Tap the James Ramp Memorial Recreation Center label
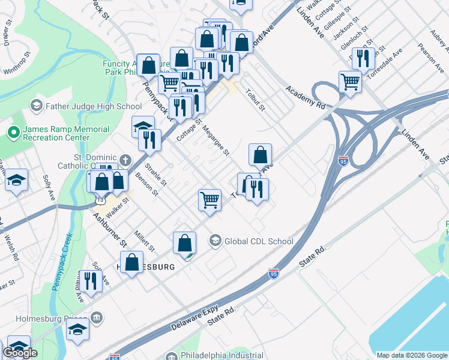coord(66,134)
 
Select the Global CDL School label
coord(258,242)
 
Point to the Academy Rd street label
coord(306,97)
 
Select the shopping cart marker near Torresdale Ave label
coord(350,82)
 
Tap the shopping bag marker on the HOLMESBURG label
coord(132,263)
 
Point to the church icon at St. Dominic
coord(125,160)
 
